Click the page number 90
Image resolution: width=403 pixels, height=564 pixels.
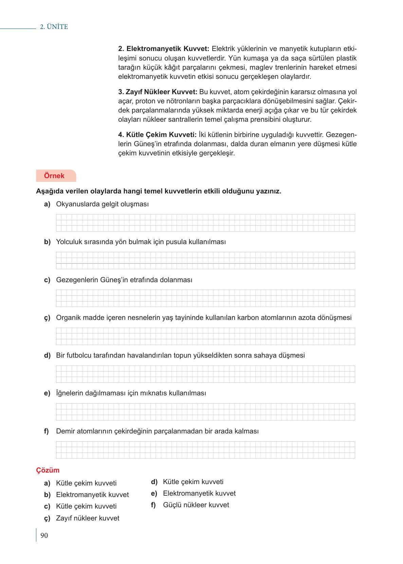(44, 536)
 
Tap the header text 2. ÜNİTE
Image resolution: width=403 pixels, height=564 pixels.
(54, 27)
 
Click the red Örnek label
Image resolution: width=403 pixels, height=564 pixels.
(54, 176)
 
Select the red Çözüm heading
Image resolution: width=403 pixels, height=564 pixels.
(48, 470)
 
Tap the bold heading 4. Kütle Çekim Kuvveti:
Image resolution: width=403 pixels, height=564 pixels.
(158, 135)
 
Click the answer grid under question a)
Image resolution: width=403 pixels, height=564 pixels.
(205, 223)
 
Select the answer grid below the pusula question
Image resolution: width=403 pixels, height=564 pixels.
(205, 260)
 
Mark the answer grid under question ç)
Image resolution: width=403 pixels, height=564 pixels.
(205, 336)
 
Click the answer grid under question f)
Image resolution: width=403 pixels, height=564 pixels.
(205, 450)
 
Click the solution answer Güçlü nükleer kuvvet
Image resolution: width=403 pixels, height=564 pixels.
(196, 505)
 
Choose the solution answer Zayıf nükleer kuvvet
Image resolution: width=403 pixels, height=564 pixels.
(88, 518)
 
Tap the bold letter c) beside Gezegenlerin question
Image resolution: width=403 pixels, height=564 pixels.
(47, 280)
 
